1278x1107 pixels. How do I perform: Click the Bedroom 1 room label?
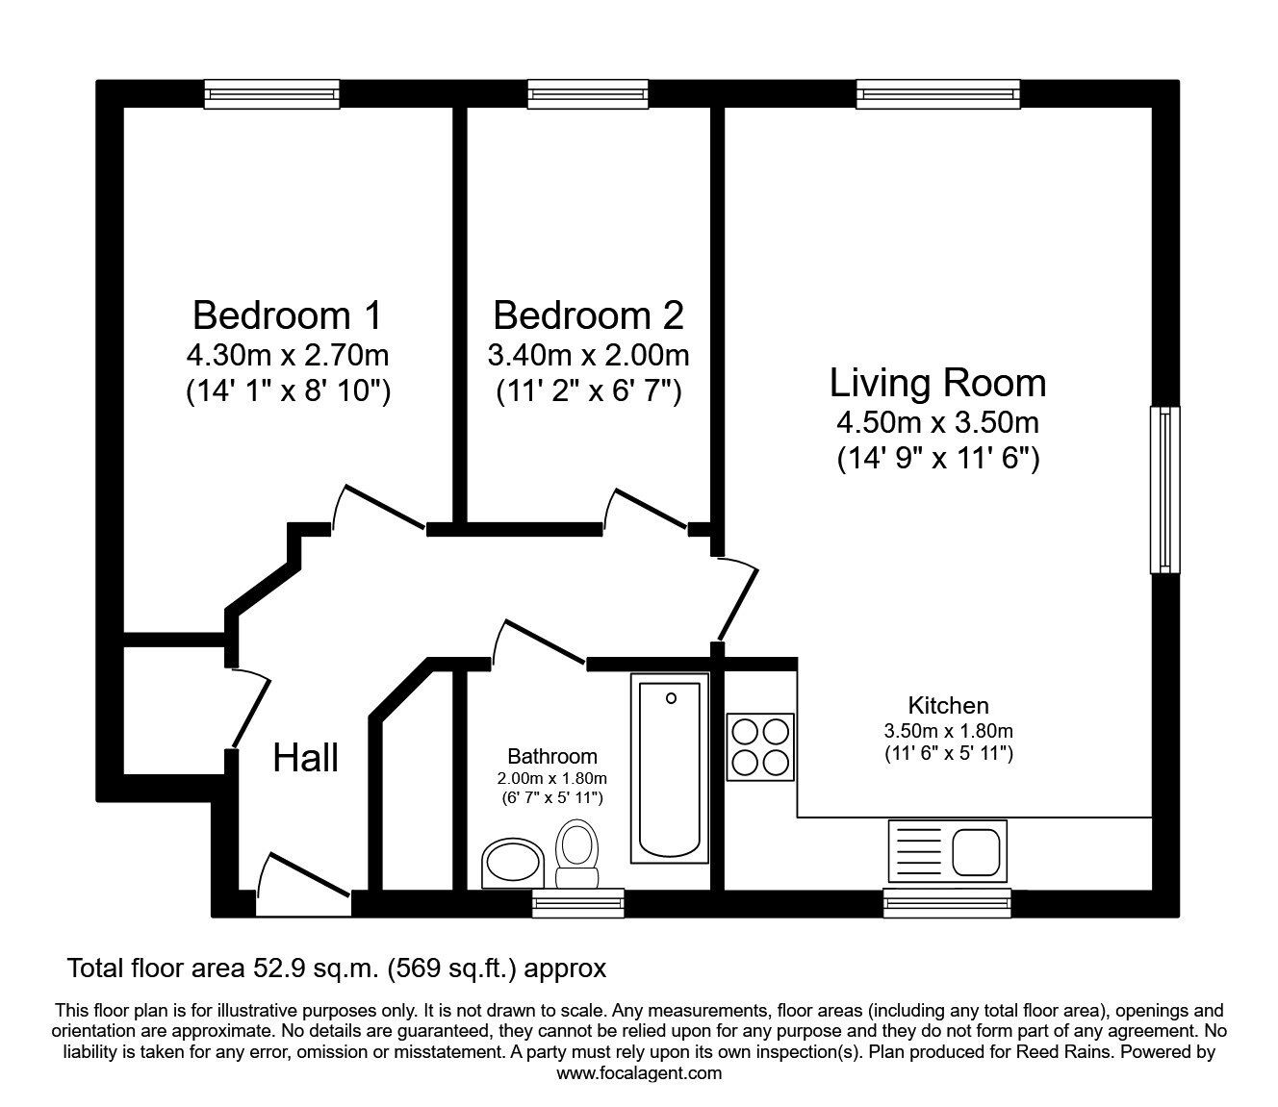pos(287,315)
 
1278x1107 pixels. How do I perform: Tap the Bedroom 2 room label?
pos(588,315)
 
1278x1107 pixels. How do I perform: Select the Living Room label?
pos(937,383)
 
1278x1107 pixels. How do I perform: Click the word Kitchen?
pos(948,705)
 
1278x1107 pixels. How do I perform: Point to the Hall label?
pos(306,758)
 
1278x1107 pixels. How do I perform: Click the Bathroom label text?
pos(552,757)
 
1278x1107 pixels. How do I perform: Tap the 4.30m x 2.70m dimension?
pos(287,356)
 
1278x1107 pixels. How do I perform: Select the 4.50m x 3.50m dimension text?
pos(937,422)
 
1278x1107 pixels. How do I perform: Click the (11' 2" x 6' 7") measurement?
pos(588,391)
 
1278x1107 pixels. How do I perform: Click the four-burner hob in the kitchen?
pos(760,746)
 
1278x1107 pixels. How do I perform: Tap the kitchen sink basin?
pos(978,850)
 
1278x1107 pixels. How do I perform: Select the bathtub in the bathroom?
pos(670,767)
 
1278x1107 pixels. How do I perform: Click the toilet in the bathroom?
pos(577,853)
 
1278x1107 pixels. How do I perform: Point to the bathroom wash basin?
pos(512,863)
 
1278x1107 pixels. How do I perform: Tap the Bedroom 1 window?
pos(272,93)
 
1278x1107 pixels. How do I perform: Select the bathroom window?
pos(577,901)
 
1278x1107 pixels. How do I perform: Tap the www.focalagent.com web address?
pos(639,1073)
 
